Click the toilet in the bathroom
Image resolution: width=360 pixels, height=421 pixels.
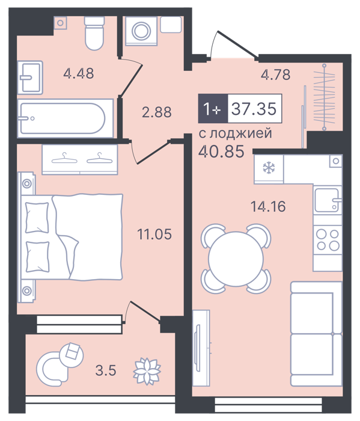(x=94, y=33)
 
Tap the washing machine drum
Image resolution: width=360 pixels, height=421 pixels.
(x=141, y=31)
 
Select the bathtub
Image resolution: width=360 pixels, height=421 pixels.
(x=65, y=118)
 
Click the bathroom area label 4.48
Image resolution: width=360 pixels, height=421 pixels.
(x=79, y=73)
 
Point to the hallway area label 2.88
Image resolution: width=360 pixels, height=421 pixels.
(x=157, y=112)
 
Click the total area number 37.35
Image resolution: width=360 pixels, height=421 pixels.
(x=254, y=109)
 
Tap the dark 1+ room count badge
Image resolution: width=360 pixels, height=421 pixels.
(x=213, y=108)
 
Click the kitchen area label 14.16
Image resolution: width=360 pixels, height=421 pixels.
(x=268, y=206)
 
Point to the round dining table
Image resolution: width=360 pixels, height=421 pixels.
(x=236, y=259)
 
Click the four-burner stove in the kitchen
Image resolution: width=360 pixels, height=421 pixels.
(x=328, y=239)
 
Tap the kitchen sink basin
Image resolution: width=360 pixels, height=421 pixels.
(x=326, y=200)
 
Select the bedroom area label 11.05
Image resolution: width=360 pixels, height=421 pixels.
(x=154, y=234)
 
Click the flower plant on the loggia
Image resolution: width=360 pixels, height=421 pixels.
(x=147, y=371)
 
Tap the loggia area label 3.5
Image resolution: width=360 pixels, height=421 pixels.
(x=106, y=371)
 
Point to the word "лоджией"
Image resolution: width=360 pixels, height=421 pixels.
(x=240, y=134)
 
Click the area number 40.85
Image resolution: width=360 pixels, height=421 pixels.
(x=221, y=151)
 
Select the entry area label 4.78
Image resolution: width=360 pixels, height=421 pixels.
(x=275, y=75)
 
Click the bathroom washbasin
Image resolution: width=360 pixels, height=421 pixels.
(x=30, y=78)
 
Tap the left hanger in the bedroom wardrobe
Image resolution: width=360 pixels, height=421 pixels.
(x=64, y=158)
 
